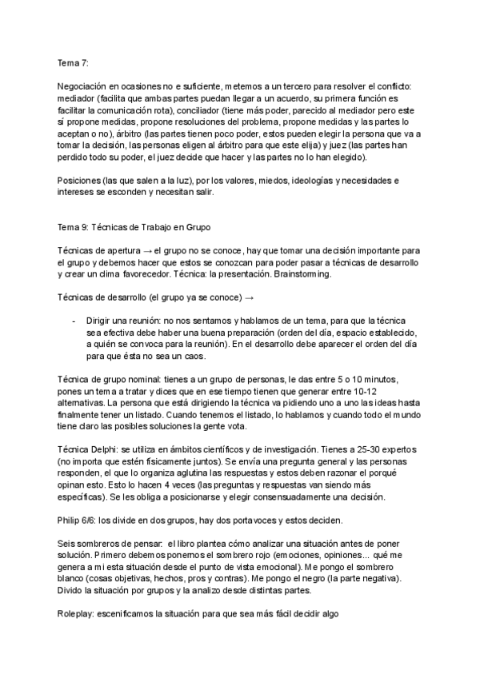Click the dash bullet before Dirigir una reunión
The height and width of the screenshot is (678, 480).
[74, 321]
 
